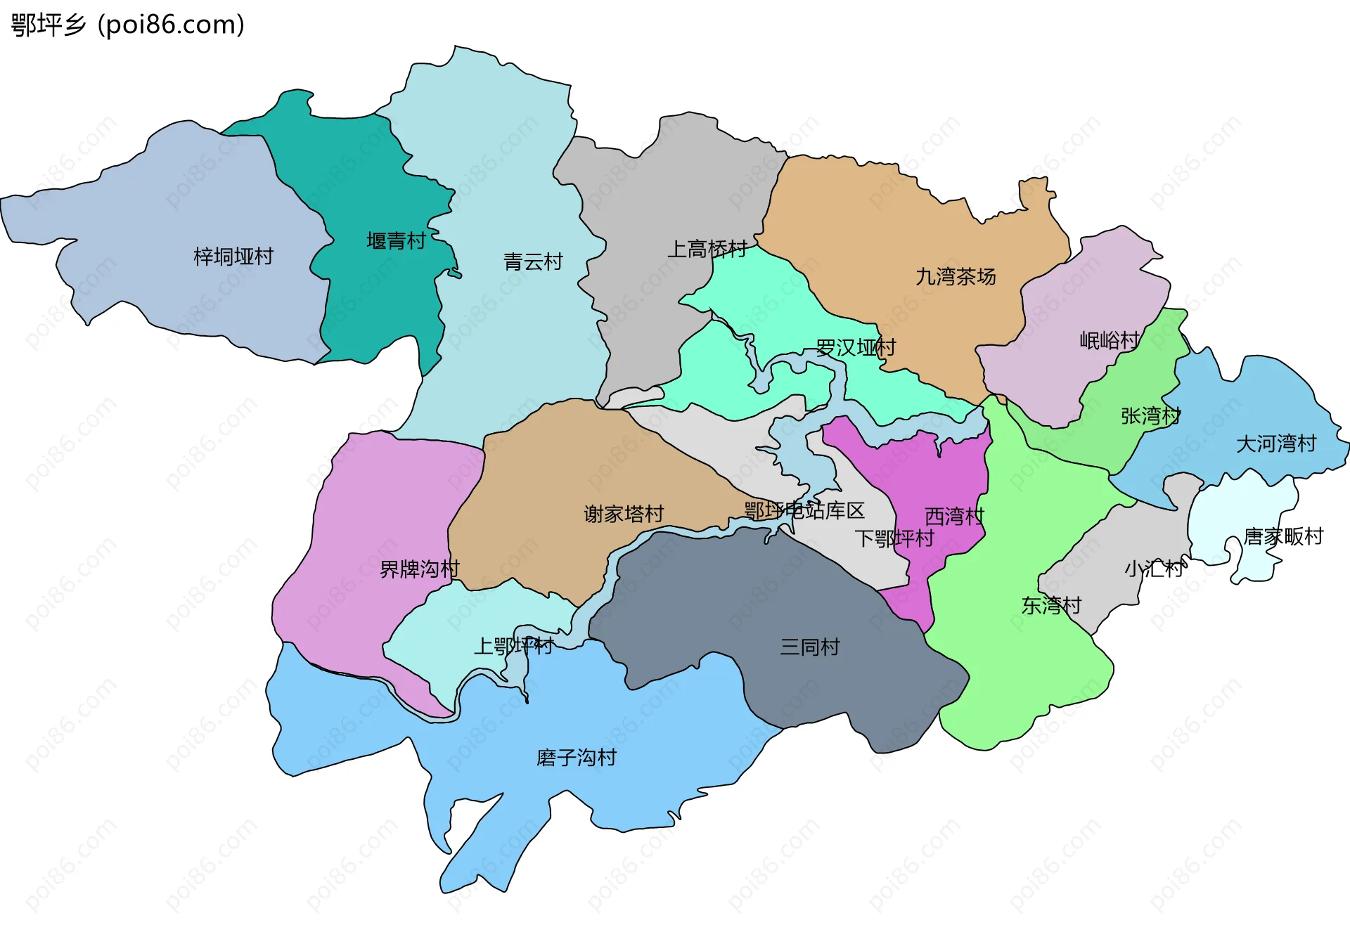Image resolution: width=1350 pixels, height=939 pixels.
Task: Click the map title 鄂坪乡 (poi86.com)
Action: point(127,25)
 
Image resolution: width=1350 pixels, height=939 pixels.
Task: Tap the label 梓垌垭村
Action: point(233,257)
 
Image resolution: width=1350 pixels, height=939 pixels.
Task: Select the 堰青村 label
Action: point(396,241)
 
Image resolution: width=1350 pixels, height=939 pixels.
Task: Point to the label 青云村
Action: point(533,262)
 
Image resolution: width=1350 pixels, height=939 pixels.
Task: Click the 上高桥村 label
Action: point(707,249)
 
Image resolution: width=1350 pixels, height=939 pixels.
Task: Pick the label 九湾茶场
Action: point(956,277)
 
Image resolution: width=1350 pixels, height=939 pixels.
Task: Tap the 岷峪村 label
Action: point(1110,341)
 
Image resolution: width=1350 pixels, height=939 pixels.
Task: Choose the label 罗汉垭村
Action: point(856,347)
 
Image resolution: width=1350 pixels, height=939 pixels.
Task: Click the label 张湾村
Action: point(1150,416)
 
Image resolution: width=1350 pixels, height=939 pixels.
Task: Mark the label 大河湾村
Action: point(1275,444)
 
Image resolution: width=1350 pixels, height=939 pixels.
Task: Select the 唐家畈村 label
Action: point(1283,537)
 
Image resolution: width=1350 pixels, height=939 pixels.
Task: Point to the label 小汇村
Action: point(1154,569)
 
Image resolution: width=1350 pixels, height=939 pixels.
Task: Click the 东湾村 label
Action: point(1051,605)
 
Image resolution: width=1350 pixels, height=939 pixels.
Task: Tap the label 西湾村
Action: point(954,517)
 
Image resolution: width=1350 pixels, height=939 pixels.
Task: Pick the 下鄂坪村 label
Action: point(894,539)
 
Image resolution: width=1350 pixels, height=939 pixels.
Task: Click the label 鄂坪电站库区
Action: point(804,511)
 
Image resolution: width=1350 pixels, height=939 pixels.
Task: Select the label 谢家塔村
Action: point(624,514)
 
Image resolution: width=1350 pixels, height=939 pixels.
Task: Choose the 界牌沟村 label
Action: point(420,569)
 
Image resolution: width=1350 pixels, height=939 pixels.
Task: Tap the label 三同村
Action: point(809,647)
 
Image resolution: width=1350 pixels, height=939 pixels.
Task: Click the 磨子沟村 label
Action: point(576,758)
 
